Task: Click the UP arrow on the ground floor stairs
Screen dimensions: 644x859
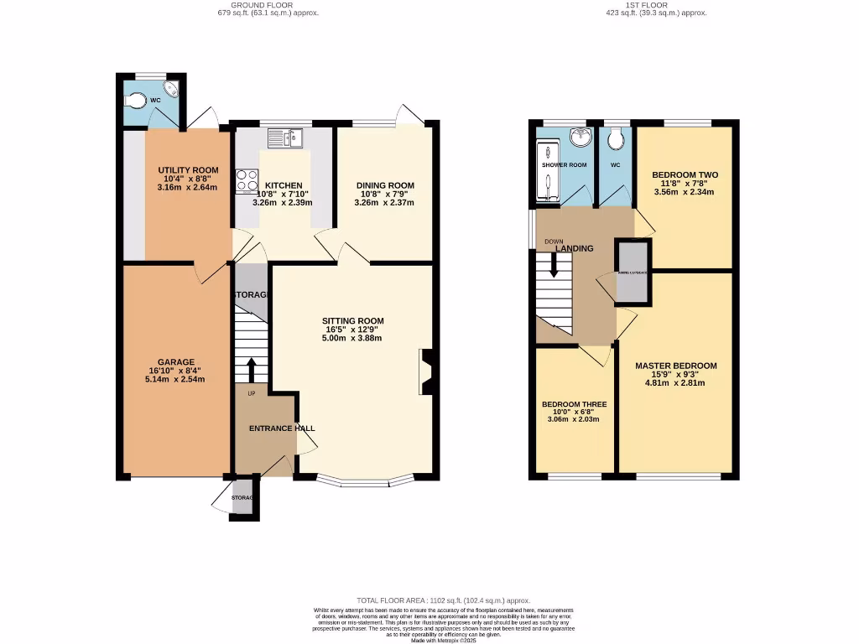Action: [x=252, y=367]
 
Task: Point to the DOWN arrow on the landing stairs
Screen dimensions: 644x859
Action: [x=553, y=264]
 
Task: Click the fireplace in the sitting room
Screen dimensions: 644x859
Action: [x=425, y=371]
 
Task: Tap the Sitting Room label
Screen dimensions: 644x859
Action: [x=353, y=321]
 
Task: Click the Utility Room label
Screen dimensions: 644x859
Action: [x=188, y=170]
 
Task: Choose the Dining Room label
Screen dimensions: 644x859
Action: [x=385, y=185]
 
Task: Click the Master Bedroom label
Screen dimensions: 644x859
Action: [x=675, y=366]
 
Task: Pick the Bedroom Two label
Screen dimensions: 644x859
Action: [x=685, y=175]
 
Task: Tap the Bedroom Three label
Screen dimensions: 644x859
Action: [x=574, y=404]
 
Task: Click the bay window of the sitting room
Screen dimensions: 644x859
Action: [x=366, y=482]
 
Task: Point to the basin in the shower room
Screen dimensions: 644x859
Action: [x=579, y=138]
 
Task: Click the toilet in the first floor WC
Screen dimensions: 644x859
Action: [x=616, y=138]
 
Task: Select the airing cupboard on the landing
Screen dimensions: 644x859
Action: [x=633, y=272]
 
